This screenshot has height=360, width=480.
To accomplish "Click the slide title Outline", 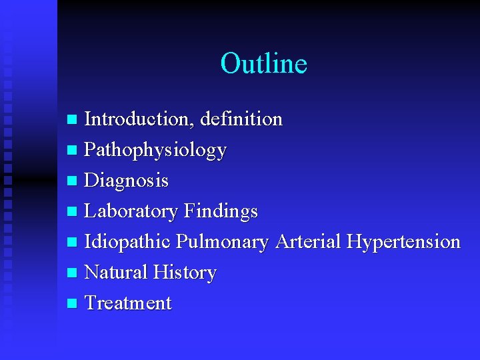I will pos(263,63).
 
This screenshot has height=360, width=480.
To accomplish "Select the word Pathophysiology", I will pos(155,151).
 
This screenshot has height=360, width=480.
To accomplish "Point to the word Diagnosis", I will pos(127,181).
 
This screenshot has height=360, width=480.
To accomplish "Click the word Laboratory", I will pos(131,211).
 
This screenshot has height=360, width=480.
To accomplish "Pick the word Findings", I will pos(220,211).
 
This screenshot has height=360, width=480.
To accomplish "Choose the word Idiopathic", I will pos(128,241).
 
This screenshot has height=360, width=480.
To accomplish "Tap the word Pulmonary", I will pos(222,241).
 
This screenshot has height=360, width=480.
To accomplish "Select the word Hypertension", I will pos(403,241).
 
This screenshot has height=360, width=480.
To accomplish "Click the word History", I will pos(185,272).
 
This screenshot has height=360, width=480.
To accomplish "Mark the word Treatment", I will pos(128,303).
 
